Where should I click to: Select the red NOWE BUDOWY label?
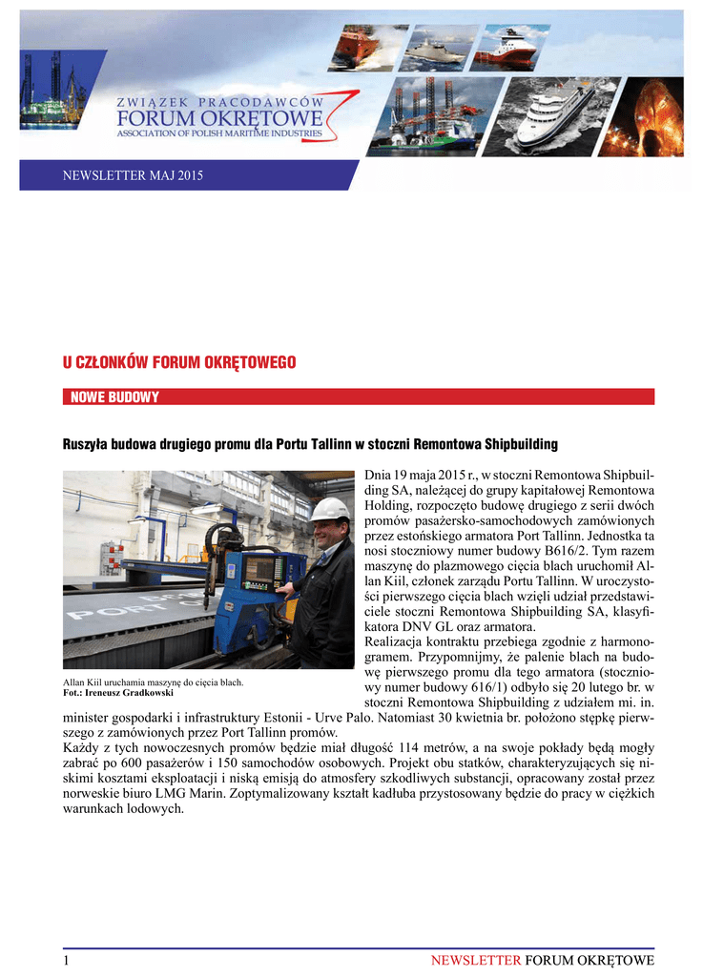[x=115, y=396]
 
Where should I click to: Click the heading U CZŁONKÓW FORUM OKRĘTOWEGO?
[x=179, y=362]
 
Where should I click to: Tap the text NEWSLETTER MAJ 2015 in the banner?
[x=133, y=175]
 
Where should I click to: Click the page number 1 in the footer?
[x=67, y=960]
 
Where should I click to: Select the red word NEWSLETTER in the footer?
[x=475, y=960]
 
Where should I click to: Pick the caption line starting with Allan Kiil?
[x=154, y=682]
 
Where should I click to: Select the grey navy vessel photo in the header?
[x=438, y=48]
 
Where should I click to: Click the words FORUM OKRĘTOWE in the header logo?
[x=219, y=119]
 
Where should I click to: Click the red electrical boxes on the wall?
[x=112, y=555]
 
